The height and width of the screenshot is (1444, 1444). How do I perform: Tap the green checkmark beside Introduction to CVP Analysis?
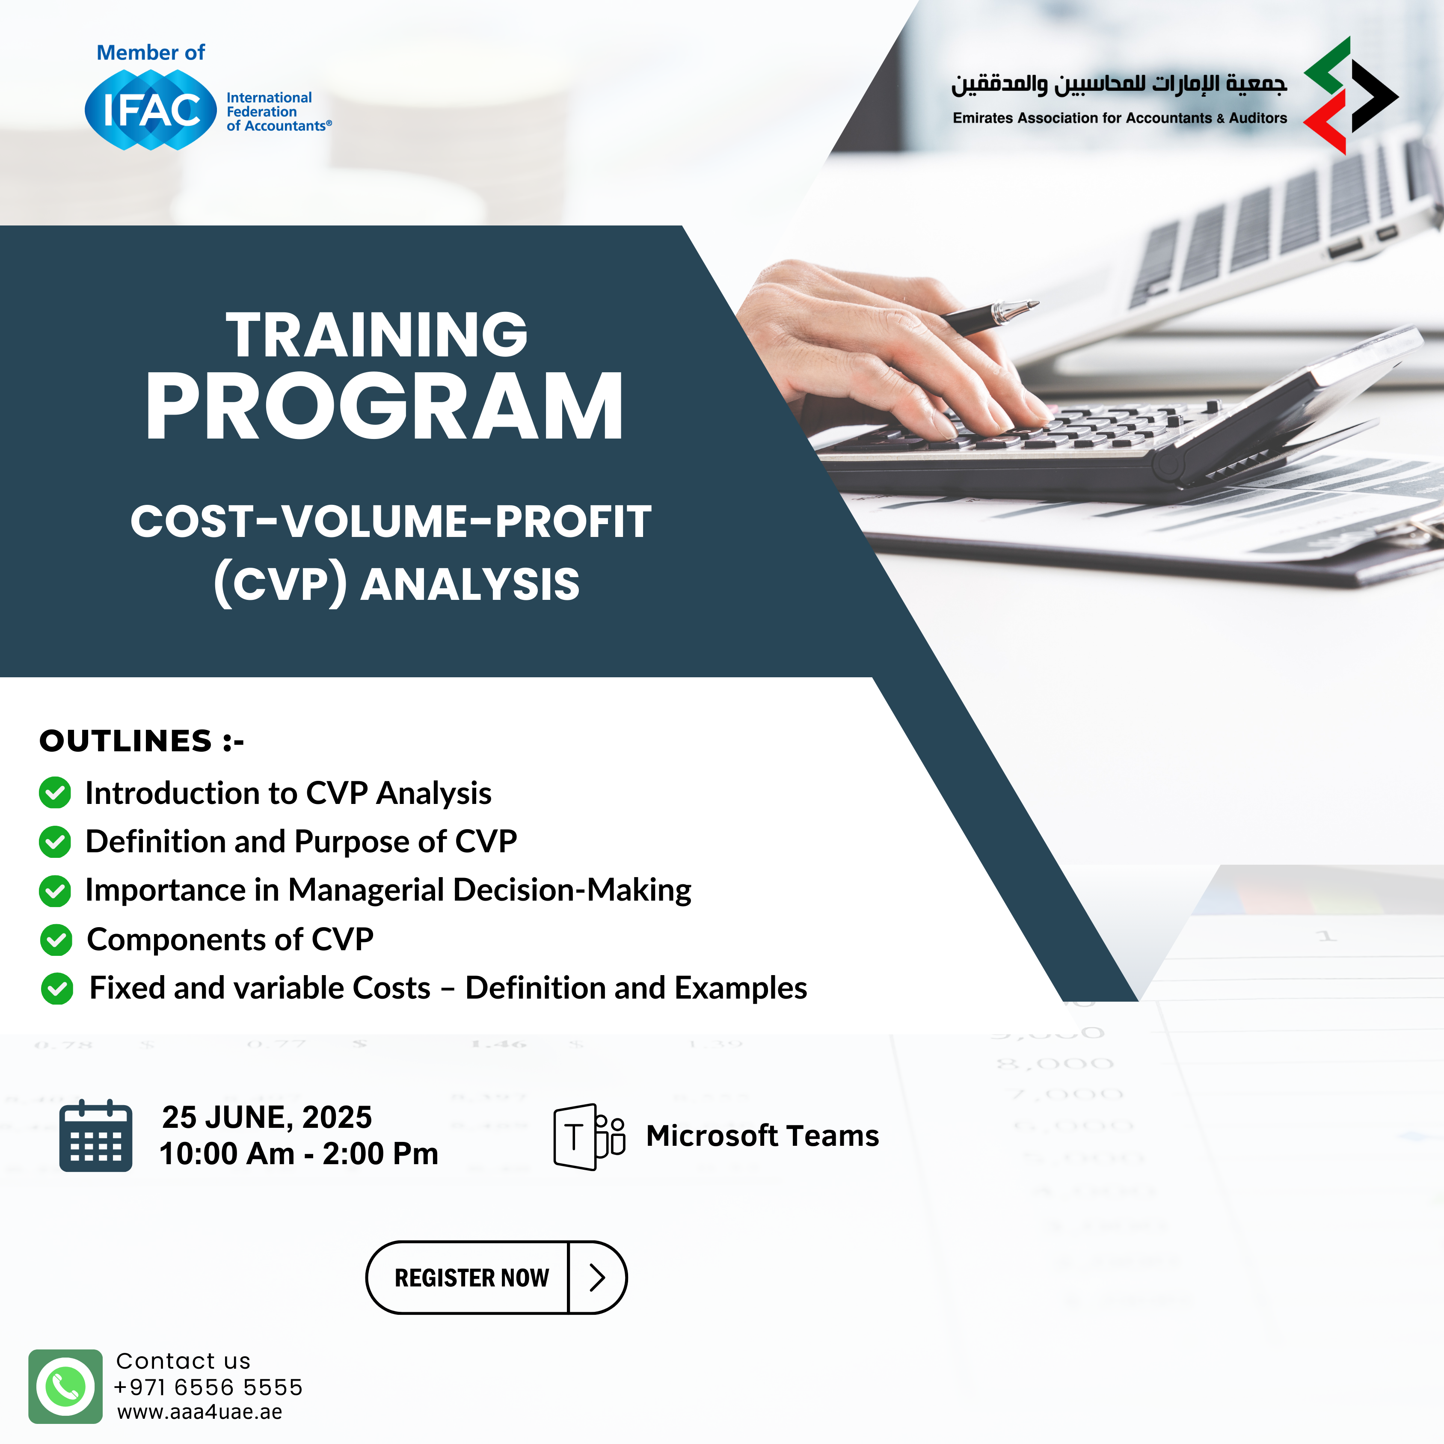[x=55, y=792]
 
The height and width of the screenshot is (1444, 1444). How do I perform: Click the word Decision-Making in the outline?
[x=572, y=890]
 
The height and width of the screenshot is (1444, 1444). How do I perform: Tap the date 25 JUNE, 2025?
[x=267, y=1118]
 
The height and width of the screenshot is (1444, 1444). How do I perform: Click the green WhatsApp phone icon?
[x=66, y=1386]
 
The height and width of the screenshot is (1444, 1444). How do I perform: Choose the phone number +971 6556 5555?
[x=208, y=1387]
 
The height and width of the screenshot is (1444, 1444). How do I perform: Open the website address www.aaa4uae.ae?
[x=199, y=1412]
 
